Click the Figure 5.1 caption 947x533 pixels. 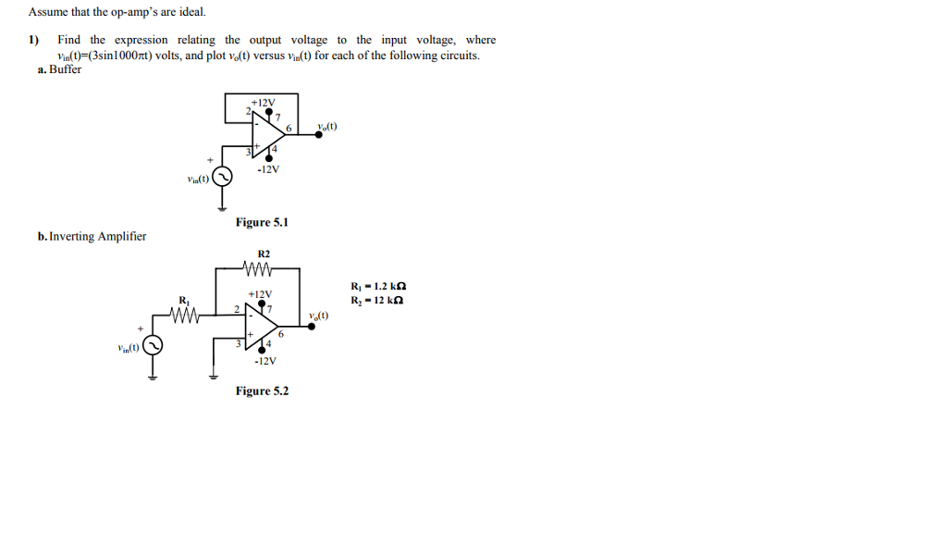(262, 222)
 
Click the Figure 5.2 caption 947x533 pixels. (262, 391)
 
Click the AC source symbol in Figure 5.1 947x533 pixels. (222, 176)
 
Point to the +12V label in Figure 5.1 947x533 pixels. (263, 102)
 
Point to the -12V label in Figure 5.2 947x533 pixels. (265, 361)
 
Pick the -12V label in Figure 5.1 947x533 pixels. (268, 169)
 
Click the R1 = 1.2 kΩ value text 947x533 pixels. (378, 286)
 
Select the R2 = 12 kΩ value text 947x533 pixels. (378, 300)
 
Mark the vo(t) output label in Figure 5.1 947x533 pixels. (326, 126)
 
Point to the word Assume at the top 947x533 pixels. (49, 13)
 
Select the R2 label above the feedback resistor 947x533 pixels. (264, 254)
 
